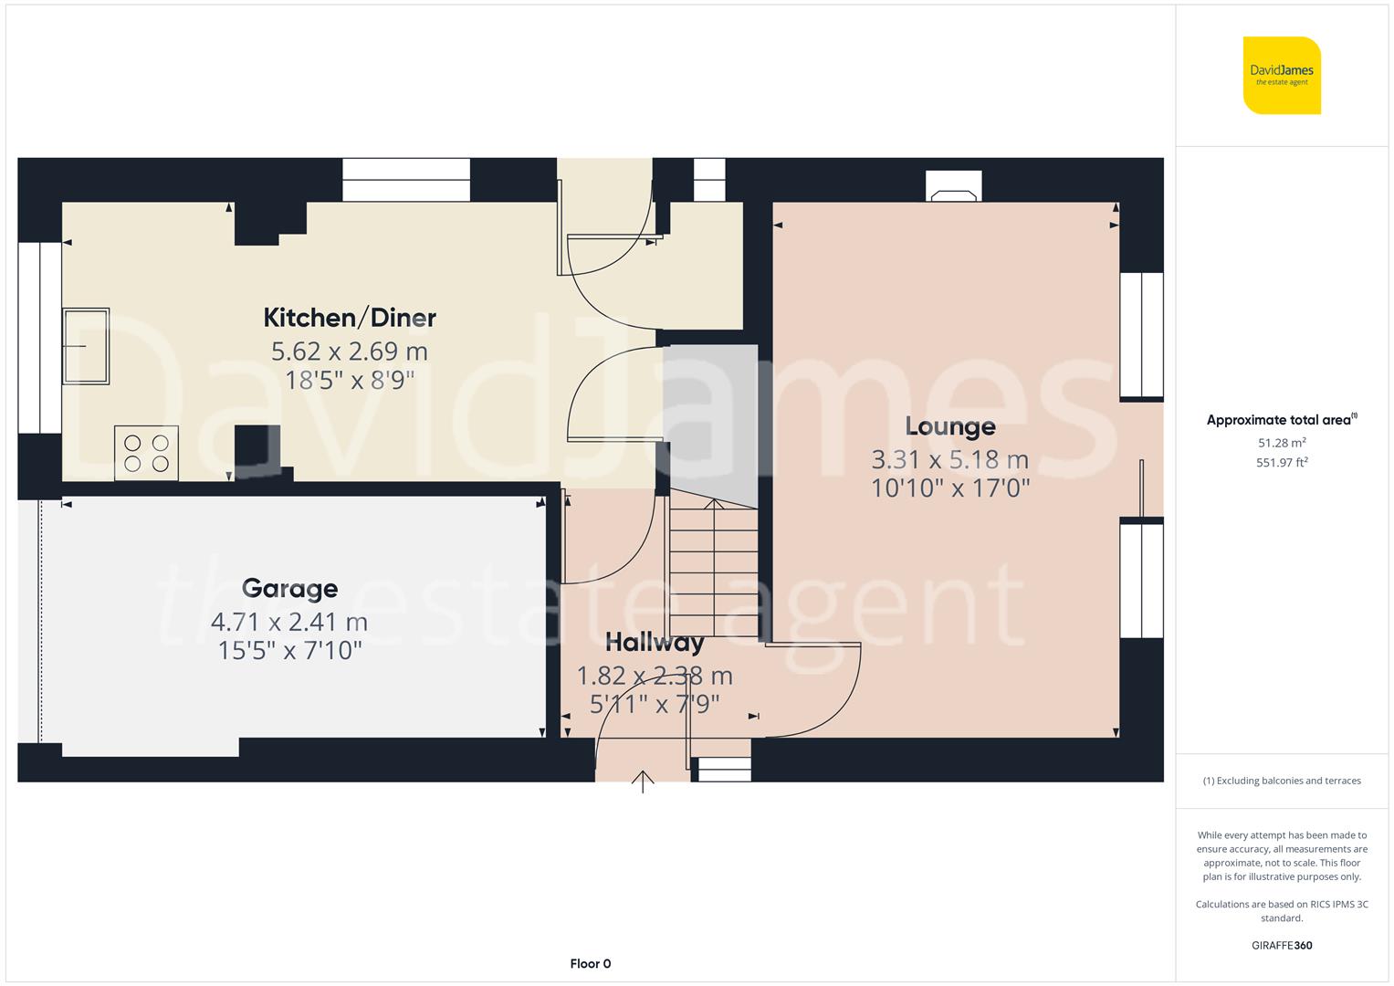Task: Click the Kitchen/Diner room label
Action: (350, 318)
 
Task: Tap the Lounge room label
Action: (949, 426)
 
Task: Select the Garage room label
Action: (289, 589)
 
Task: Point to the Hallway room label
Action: (655, 643)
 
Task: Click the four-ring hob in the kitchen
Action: (146, 453)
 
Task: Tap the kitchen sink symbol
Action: (86, 346)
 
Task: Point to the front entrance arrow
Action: (643, 781)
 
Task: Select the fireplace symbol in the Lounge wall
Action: (954, 186)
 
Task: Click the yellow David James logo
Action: (1282, 75)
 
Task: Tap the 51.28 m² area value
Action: (1282, 443)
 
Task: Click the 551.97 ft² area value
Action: (1282, 463)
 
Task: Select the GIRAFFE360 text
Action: (1282, 946)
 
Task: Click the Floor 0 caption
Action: (590, 964)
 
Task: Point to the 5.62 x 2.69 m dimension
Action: (350, 351)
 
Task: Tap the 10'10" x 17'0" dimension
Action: (949, 488)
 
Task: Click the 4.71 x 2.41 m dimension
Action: (289, 623)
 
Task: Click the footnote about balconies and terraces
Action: (1282, 781)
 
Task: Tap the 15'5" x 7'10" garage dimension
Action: (289, 651)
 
